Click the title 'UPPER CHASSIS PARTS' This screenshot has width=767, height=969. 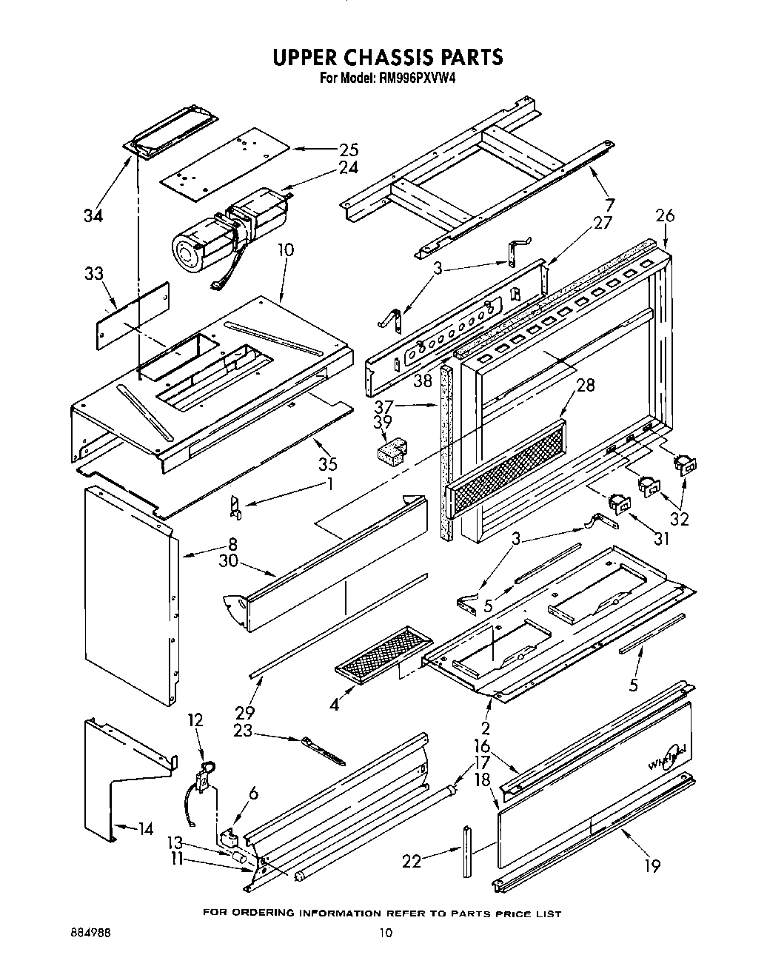[x=387, y=57]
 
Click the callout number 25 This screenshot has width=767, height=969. [x=348, y=150]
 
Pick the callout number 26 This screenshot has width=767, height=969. [x=665, y=216]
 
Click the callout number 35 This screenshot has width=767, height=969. [x=328, y=464]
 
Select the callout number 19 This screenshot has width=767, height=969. [x=652, y=865]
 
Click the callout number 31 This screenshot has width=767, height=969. [x=661, y=539]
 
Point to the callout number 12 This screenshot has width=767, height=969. [x=194, y=720]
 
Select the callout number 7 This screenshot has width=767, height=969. [x=610, y=204]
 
